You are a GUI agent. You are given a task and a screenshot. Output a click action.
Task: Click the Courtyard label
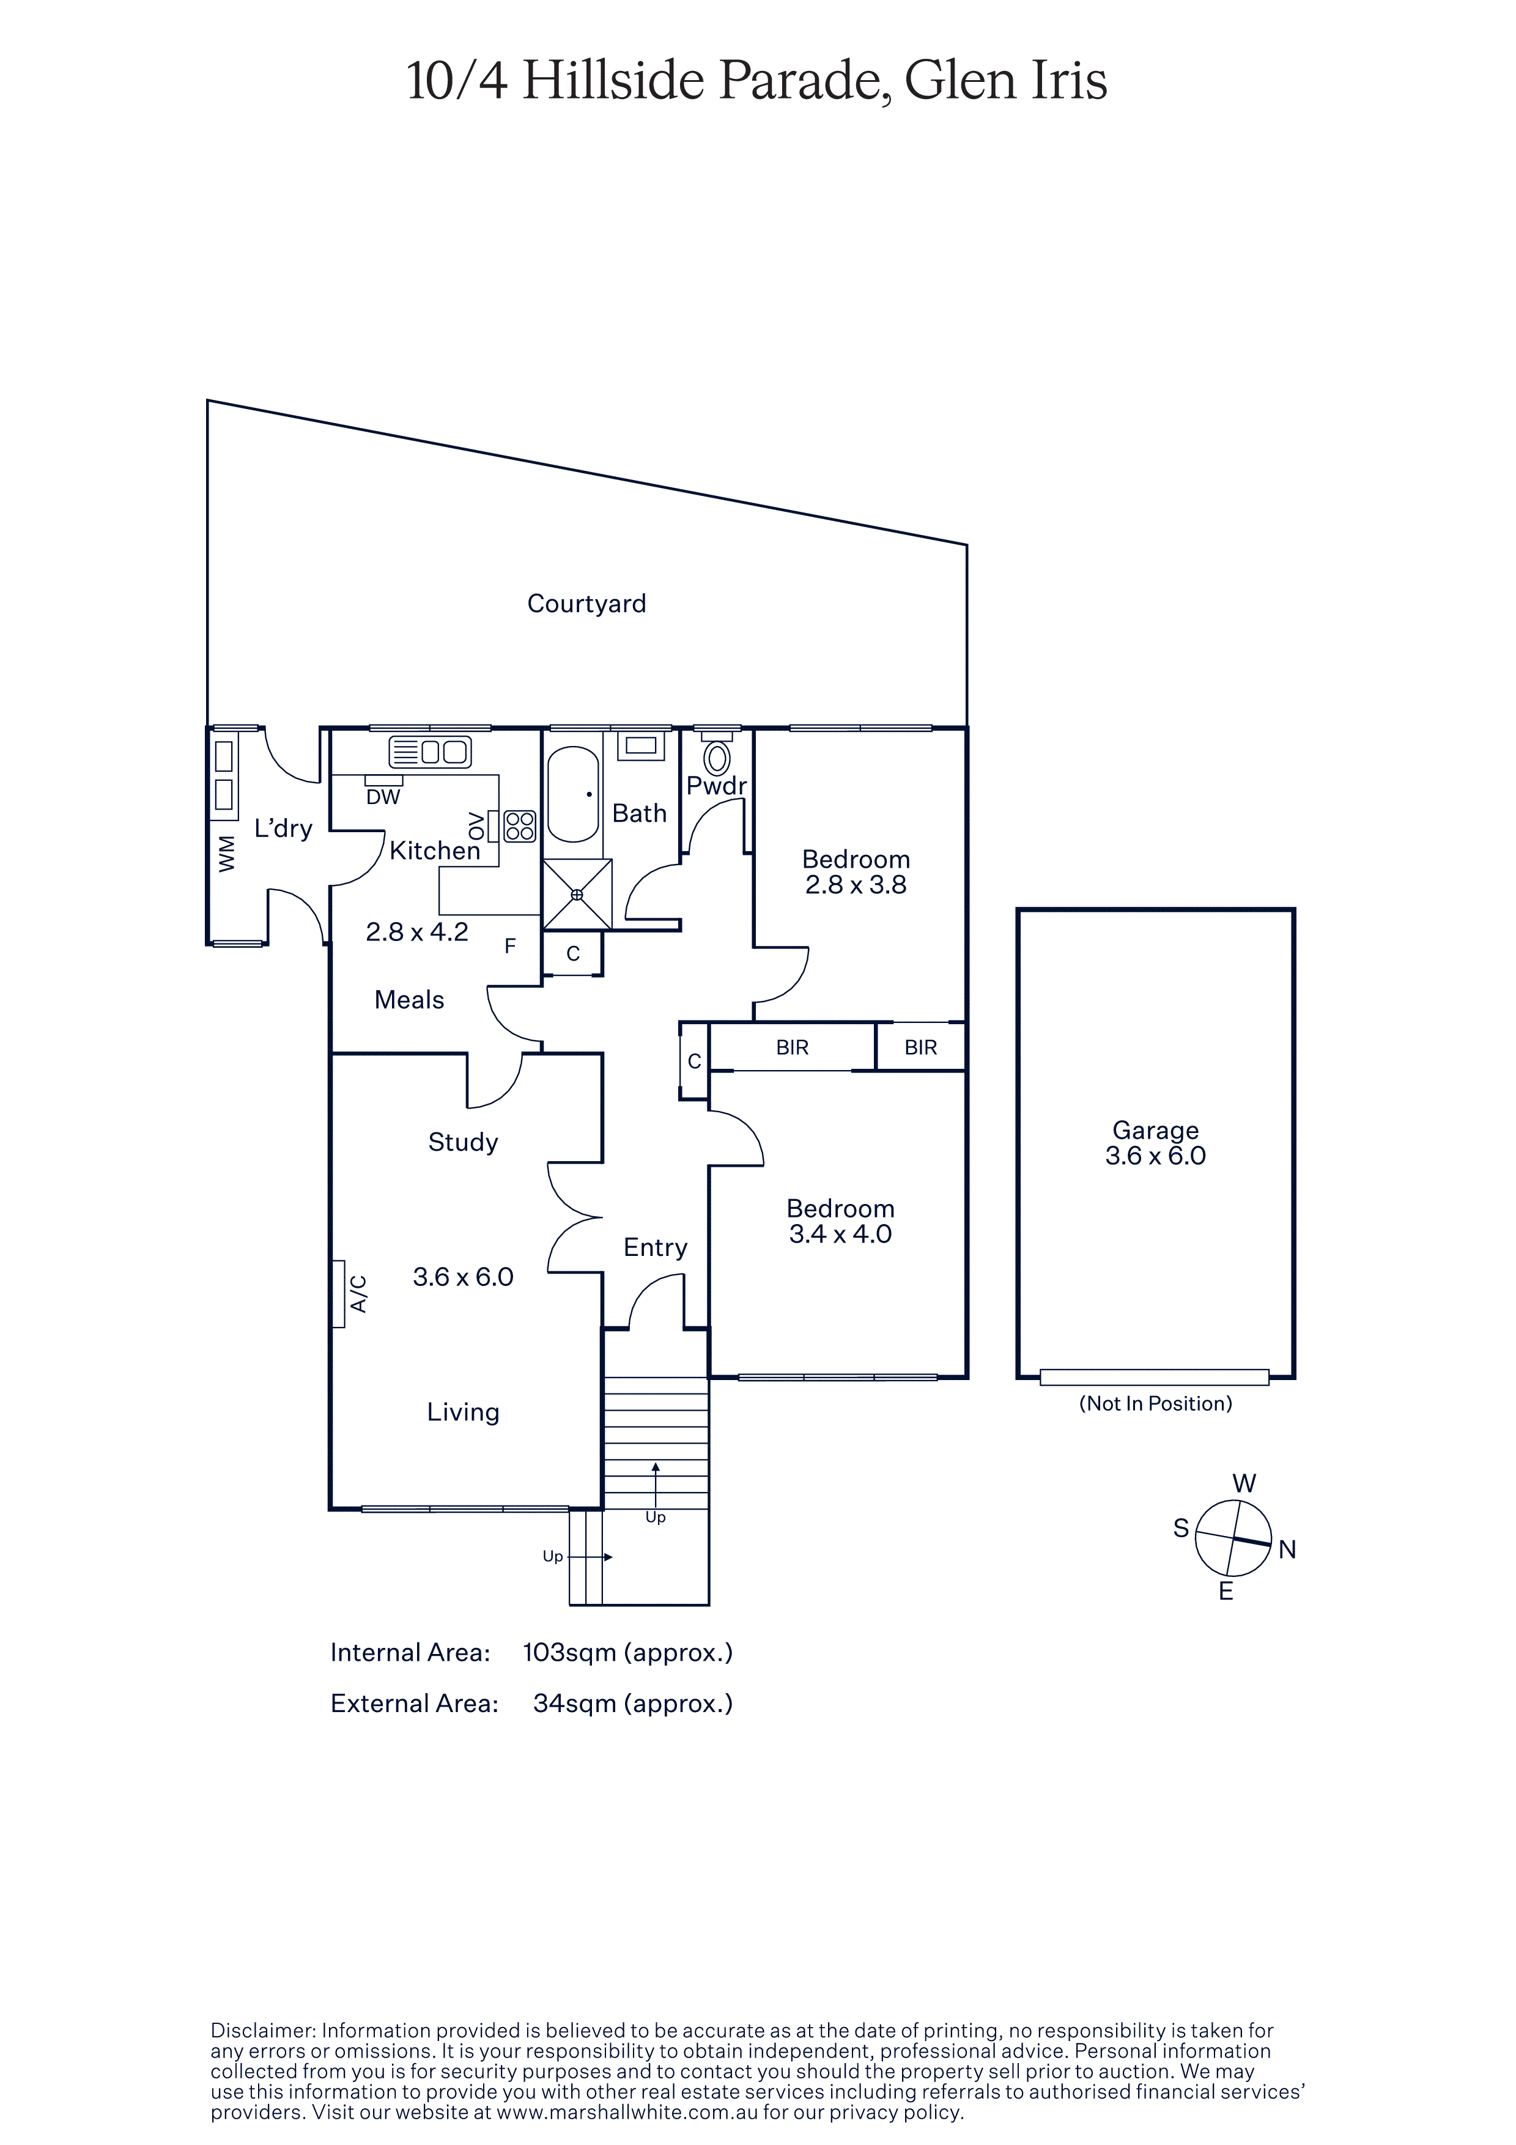click(x=586, y=604)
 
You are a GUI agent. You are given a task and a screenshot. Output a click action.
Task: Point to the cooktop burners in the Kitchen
click(x=519, y=826)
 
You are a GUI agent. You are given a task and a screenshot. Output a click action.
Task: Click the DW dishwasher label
click(x=383, y=797)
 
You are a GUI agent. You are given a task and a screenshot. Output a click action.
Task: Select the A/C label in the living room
click(x=358, y=1294)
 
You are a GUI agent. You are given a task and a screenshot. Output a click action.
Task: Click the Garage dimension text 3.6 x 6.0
click(x=1155, y=1156)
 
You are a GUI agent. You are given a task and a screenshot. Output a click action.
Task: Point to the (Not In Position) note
click(x=1155, y=1403)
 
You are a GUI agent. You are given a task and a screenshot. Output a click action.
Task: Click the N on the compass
click(x=1287, y=1550)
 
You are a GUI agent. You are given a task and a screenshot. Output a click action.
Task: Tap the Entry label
click(x=656, y=1247)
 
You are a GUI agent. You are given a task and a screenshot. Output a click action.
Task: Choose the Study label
click(x=464, y=1143)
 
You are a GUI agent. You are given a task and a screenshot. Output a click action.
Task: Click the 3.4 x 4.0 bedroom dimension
click(x=841, y=1234)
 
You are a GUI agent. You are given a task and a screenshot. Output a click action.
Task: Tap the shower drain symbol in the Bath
click(x=577, y=894)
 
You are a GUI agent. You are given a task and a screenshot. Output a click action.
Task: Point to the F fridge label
click(x=510, y=947)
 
